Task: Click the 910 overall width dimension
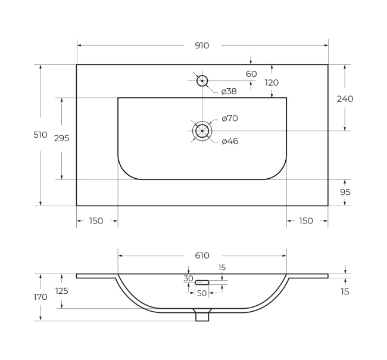click(202, 46)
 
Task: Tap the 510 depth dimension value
click(40, 135)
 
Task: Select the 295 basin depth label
click(62, 138)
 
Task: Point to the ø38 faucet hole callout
click(229, 91)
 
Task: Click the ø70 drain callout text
click(230, 119)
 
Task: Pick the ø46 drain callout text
click(230, 141)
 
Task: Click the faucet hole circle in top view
click(202, 81)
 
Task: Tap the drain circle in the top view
click(202, 131)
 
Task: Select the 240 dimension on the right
click(345, 99)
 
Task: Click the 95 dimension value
click(345, 192)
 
